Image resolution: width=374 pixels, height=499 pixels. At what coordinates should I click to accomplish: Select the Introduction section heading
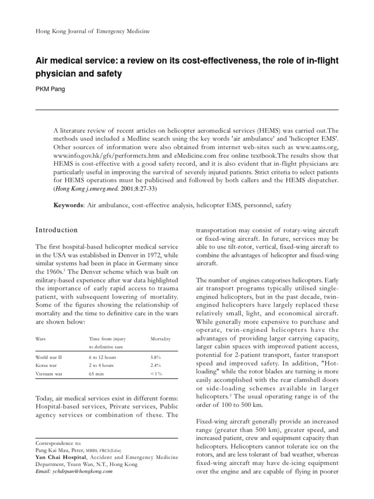[57, 230]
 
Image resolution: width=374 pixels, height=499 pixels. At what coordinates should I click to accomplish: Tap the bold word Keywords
[68, 206]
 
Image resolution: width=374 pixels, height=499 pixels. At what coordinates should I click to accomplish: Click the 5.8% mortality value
[156, 357]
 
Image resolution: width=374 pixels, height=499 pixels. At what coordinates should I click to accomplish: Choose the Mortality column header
[160, 338]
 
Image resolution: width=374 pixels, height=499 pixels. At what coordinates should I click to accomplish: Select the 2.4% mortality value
[156, 365]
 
